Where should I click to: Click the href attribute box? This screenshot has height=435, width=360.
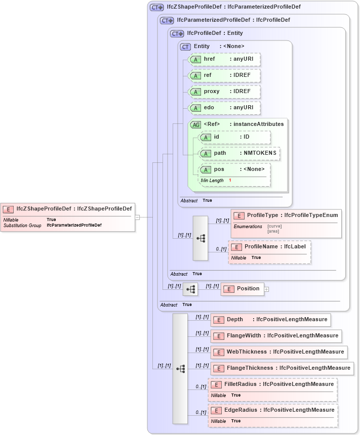[x=224, y=59]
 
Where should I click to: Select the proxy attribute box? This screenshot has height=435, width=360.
[x=224, y=92]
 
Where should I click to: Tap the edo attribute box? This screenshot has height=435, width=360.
[x=224, y=108]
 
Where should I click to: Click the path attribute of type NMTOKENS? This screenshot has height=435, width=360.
[x=239, y=153]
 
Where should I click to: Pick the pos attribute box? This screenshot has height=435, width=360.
[x=234, y=169]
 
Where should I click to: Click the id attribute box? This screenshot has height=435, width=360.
[x=234, y=137]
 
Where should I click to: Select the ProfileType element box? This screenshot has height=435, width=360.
[x=286, y=215]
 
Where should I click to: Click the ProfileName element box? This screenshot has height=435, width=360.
[x=269, y=247]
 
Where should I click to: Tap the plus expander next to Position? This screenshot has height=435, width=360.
[x=266, y=289]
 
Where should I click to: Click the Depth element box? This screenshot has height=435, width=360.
[x=270, y=320]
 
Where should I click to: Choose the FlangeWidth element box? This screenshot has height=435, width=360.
[x=275, y=336]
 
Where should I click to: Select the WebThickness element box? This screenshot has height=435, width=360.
[x=278, y=352]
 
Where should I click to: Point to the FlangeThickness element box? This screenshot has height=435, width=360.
[x=282, y=368]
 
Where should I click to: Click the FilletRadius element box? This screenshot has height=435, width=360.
[x=272, y=384]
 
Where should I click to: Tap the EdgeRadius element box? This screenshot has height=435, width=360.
[x=272, y=410]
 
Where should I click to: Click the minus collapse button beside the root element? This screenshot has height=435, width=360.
[x=137, y=217]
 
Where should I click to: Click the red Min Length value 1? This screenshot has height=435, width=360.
[x=230, y=181]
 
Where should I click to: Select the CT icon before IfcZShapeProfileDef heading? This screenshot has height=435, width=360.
[x=156, y=7]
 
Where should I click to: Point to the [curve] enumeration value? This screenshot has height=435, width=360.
[x=274, y=226]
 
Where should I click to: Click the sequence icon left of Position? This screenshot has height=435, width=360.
[x=190, y=289]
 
